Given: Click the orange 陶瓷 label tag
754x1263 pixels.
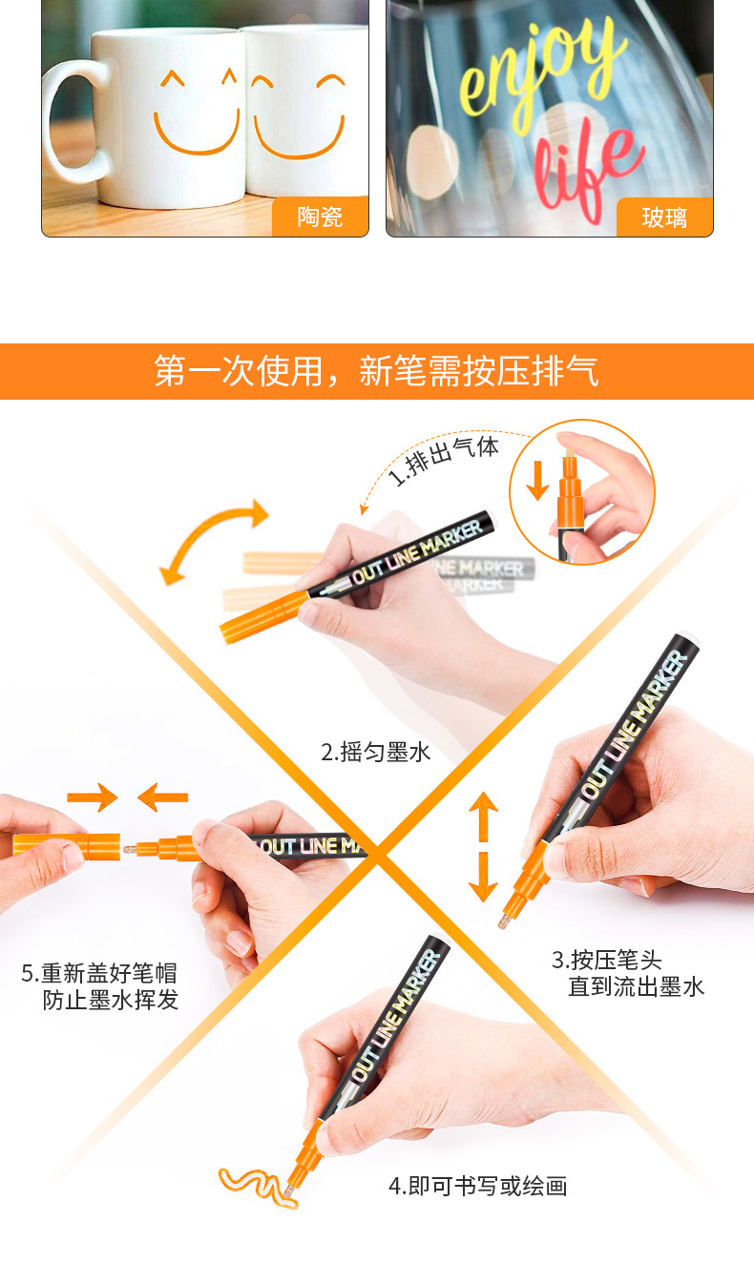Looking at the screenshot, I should pyautogui.click(x=320, y=217).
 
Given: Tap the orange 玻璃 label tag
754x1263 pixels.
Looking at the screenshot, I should pyautogui.click(x=664, y=217).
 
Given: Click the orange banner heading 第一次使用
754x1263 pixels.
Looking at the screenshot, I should pyautogui.click(x=376, y=371).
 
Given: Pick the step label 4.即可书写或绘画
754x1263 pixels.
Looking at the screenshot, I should pyautogui.click(x=477, y=1186).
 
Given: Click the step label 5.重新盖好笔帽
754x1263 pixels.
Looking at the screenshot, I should pyautogui.click(x=99, y=986).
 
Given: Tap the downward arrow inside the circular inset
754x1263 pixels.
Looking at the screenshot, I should pyautogui.click(x=538, y=480).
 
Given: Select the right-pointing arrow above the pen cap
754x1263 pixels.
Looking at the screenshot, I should pyautogui.click(x=91, y=797).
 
